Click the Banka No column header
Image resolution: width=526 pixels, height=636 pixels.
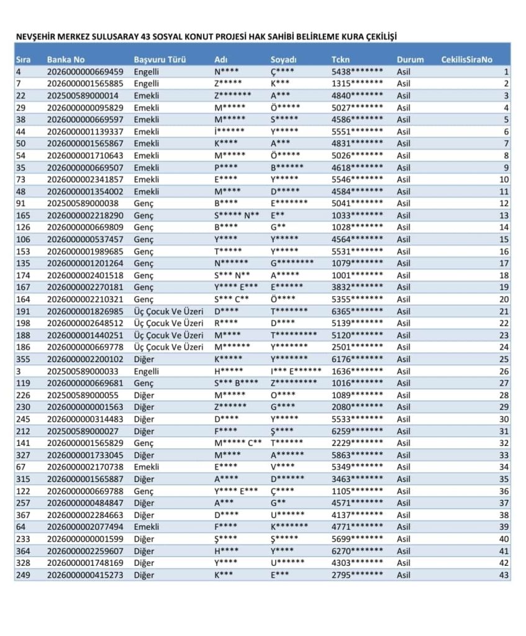[x=65, y=60]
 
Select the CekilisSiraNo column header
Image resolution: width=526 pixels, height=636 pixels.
[x=466, y=60]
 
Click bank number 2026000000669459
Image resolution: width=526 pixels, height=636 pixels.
[x=85, y=71]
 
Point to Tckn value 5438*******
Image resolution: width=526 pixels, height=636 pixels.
[x=357, y=71]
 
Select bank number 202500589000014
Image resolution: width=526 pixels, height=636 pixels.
[x=83, y=96]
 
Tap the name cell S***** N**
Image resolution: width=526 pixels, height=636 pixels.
[x=237, y=215]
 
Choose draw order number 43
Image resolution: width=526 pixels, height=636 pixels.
[x=505, y=575]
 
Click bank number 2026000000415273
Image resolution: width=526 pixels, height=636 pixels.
[x=85, y=575]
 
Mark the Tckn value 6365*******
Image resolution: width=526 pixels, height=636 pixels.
[x=357, y=311]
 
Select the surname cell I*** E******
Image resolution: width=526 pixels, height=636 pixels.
[x=296, y=371]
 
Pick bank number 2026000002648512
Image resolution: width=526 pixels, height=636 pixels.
[x=85, y=323]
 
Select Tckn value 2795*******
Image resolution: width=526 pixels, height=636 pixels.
[x=357, y=575]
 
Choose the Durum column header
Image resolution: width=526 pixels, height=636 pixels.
[x=410, y=60]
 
